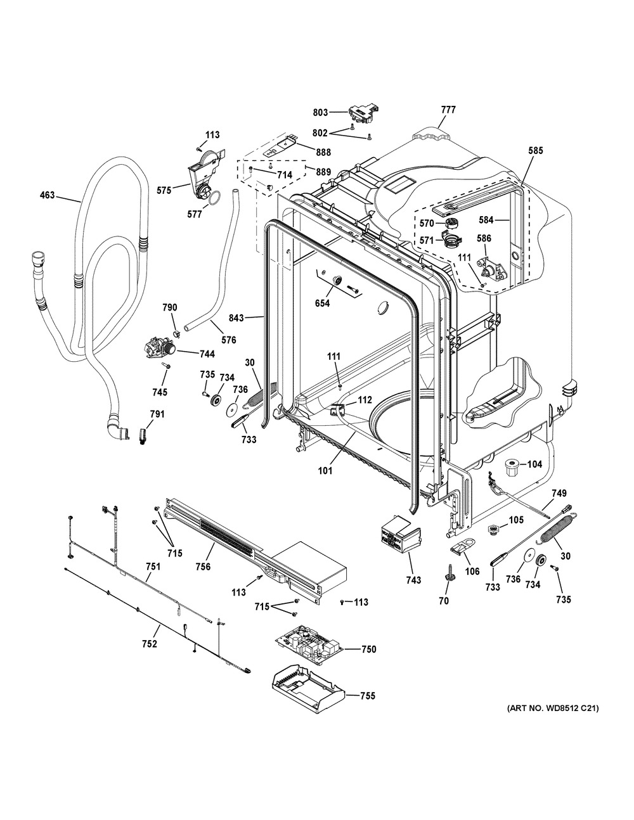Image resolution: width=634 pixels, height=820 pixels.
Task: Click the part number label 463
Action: (x=46, y=197)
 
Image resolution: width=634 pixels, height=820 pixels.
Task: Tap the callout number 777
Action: (x=448, y=110)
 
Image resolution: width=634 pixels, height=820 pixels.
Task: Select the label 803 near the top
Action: (x=321, y=113)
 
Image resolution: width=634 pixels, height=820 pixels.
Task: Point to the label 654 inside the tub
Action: (x=322, y=304)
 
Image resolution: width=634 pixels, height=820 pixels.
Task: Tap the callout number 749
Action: (x=559, y=492)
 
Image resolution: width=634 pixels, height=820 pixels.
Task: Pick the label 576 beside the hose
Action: (x=228, y=340)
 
